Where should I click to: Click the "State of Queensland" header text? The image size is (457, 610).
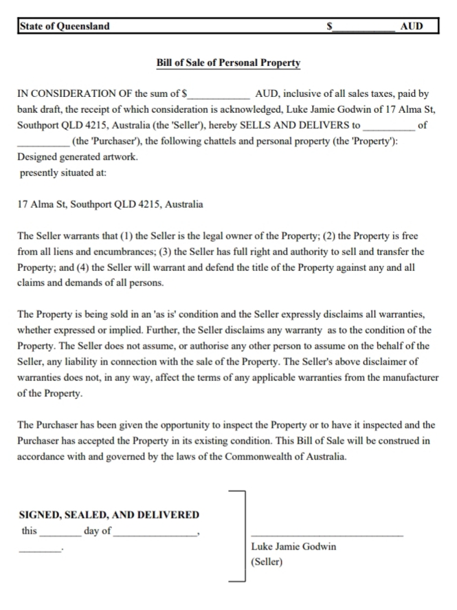[65, 26]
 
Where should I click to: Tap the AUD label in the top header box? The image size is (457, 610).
[411, 27]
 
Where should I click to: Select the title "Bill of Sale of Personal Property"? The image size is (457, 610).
[228, 63]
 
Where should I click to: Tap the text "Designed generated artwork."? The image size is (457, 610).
[77, 157]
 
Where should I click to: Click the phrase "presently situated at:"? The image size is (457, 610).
[63, 173]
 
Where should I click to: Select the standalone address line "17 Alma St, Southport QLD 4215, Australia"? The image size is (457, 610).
[110, 204]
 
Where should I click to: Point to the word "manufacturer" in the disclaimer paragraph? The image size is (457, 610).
[409, 378]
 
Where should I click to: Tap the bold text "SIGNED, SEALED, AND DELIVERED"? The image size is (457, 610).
[109, 514]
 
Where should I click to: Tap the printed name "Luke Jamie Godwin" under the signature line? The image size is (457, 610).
[294, 547]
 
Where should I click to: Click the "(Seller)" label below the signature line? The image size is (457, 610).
[267, 562]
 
